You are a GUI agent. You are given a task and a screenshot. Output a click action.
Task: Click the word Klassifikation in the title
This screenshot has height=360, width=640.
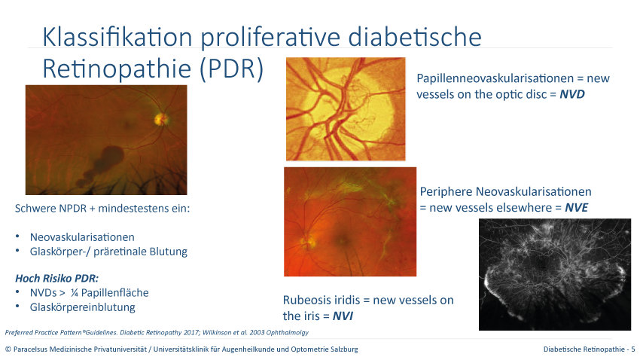117,37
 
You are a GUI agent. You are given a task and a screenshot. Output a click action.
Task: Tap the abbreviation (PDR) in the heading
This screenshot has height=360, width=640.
231,69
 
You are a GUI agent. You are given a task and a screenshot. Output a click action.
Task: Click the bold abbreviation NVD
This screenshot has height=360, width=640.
571,94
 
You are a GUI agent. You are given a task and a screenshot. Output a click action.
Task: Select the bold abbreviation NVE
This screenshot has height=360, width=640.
576,207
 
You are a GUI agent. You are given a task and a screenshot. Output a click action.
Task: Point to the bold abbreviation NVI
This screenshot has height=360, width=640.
343,316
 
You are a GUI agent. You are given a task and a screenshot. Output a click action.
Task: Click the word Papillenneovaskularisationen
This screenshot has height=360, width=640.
495,78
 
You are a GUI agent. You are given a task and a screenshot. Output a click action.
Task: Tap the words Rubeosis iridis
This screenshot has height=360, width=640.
321,300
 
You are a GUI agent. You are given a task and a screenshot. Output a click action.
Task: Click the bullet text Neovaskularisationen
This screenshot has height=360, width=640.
82,237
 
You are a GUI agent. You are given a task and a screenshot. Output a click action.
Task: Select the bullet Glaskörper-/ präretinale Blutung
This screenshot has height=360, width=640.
108,252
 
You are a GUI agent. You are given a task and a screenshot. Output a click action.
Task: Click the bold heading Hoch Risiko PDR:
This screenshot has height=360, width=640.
56,279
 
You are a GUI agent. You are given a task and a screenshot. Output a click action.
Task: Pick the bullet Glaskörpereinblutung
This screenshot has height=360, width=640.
83,307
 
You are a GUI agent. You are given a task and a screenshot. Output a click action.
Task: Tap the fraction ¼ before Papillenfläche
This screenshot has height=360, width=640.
74,293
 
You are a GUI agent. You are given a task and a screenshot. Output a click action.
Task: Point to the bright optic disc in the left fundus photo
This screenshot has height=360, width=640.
161,119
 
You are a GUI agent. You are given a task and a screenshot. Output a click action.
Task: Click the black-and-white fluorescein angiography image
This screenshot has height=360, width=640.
555,274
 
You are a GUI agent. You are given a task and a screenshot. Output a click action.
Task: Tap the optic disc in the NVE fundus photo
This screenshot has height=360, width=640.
309,242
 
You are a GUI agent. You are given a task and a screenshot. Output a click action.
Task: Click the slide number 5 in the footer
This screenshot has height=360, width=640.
633,349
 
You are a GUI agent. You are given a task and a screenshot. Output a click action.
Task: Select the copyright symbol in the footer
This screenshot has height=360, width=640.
8,349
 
